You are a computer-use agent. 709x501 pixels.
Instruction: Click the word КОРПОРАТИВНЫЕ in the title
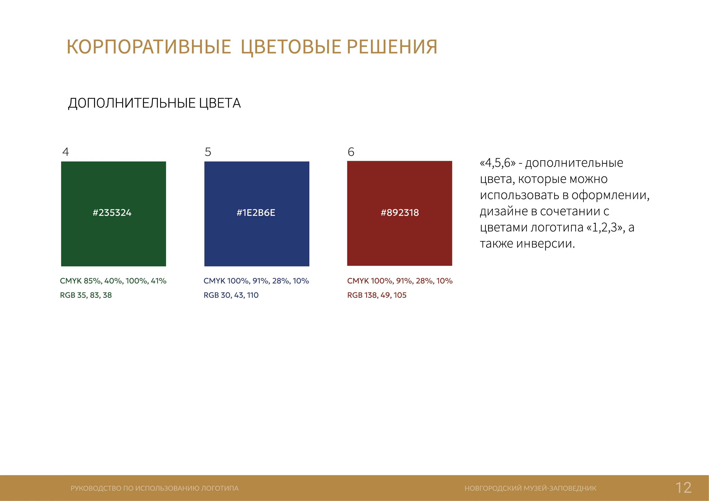pos(149,47)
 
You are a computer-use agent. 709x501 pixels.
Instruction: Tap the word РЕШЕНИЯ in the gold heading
pos(392,47)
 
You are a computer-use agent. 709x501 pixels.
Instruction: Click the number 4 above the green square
pos(65,152)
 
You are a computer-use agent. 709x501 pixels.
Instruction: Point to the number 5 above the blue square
pos(208,152)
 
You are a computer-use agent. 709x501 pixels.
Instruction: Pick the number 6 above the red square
pos(351,152)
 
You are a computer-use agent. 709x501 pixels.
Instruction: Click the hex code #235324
pos(112,213)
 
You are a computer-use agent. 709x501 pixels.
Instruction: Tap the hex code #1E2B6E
pos(256,213)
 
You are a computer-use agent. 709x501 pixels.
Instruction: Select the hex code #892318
pos(400,213)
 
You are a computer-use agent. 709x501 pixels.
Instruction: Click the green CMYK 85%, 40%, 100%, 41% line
pos(113,281)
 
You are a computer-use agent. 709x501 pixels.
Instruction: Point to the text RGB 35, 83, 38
pos(86,295)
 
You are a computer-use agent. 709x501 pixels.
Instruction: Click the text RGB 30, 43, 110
pos(231,295)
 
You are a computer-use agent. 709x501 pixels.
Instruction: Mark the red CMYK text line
pos(400,281)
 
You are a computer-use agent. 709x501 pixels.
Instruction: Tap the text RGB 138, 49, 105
pos(377,295)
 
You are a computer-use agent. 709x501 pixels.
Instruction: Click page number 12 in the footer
pos(683,488)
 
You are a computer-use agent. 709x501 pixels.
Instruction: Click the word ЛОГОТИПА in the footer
pos(220,488)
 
